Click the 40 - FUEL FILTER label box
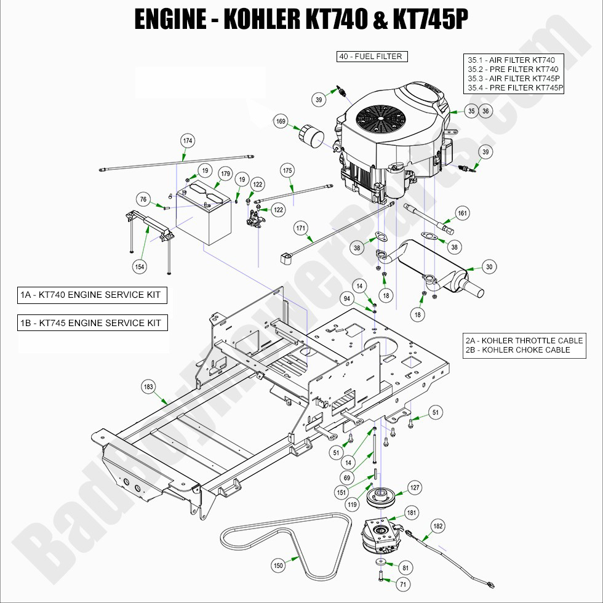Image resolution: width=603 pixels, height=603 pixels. coord(372,57)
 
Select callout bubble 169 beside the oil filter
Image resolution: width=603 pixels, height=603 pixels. coord(281,122)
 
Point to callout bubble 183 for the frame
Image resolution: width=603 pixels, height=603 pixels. coord(148,387)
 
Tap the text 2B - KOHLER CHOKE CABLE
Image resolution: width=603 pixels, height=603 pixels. coord(518,350)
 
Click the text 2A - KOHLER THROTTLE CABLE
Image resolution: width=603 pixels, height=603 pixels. coord(524,340)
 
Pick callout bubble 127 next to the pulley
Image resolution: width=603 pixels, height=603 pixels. coord(415,488)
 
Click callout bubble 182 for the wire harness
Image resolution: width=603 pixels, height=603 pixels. coord(437,526)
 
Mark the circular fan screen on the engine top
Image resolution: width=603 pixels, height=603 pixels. coord(377,117)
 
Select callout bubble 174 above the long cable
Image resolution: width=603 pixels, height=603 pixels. coord(188,141)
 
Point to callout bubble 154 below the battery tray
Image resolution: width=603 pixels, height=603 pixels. coord(140,266)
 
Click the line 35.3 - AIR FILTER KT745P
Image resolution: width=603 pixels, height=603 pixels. coord(513,79)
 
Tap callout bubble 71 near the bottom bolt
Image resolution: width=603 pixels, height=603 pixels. coord(403,583)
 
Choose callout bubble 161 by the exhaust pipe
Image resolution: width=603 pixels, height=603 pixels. coord(462,214)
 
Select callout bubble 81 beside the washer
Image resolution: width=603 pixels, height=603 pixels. coord(405,567)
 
